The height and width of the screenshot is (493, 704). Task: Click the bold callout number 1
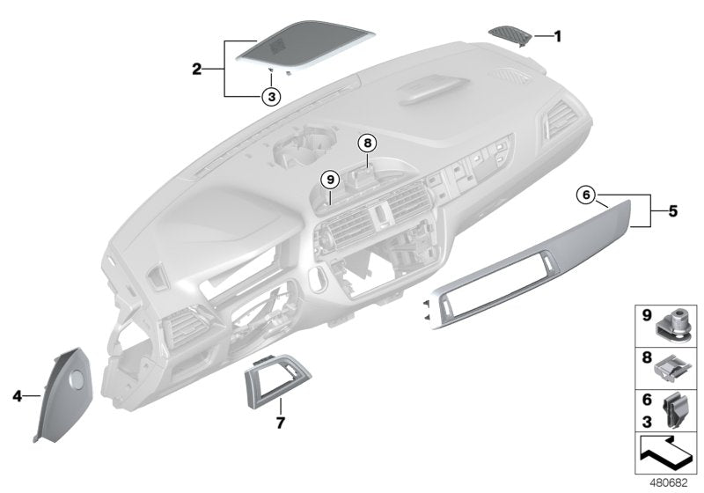pos(557,36)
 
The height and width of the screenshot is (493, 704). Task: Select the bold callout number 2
pos(199,67)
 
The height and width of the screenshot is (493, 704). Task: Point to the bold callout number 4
pos(17,396)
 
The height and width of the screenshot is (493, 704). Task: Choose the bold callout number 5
pos(672,211)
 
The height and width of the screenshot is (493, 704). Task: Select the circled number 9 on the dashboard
pos(330,180)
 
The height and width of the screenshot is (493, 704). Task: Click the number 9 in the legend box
pos(645,313)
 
